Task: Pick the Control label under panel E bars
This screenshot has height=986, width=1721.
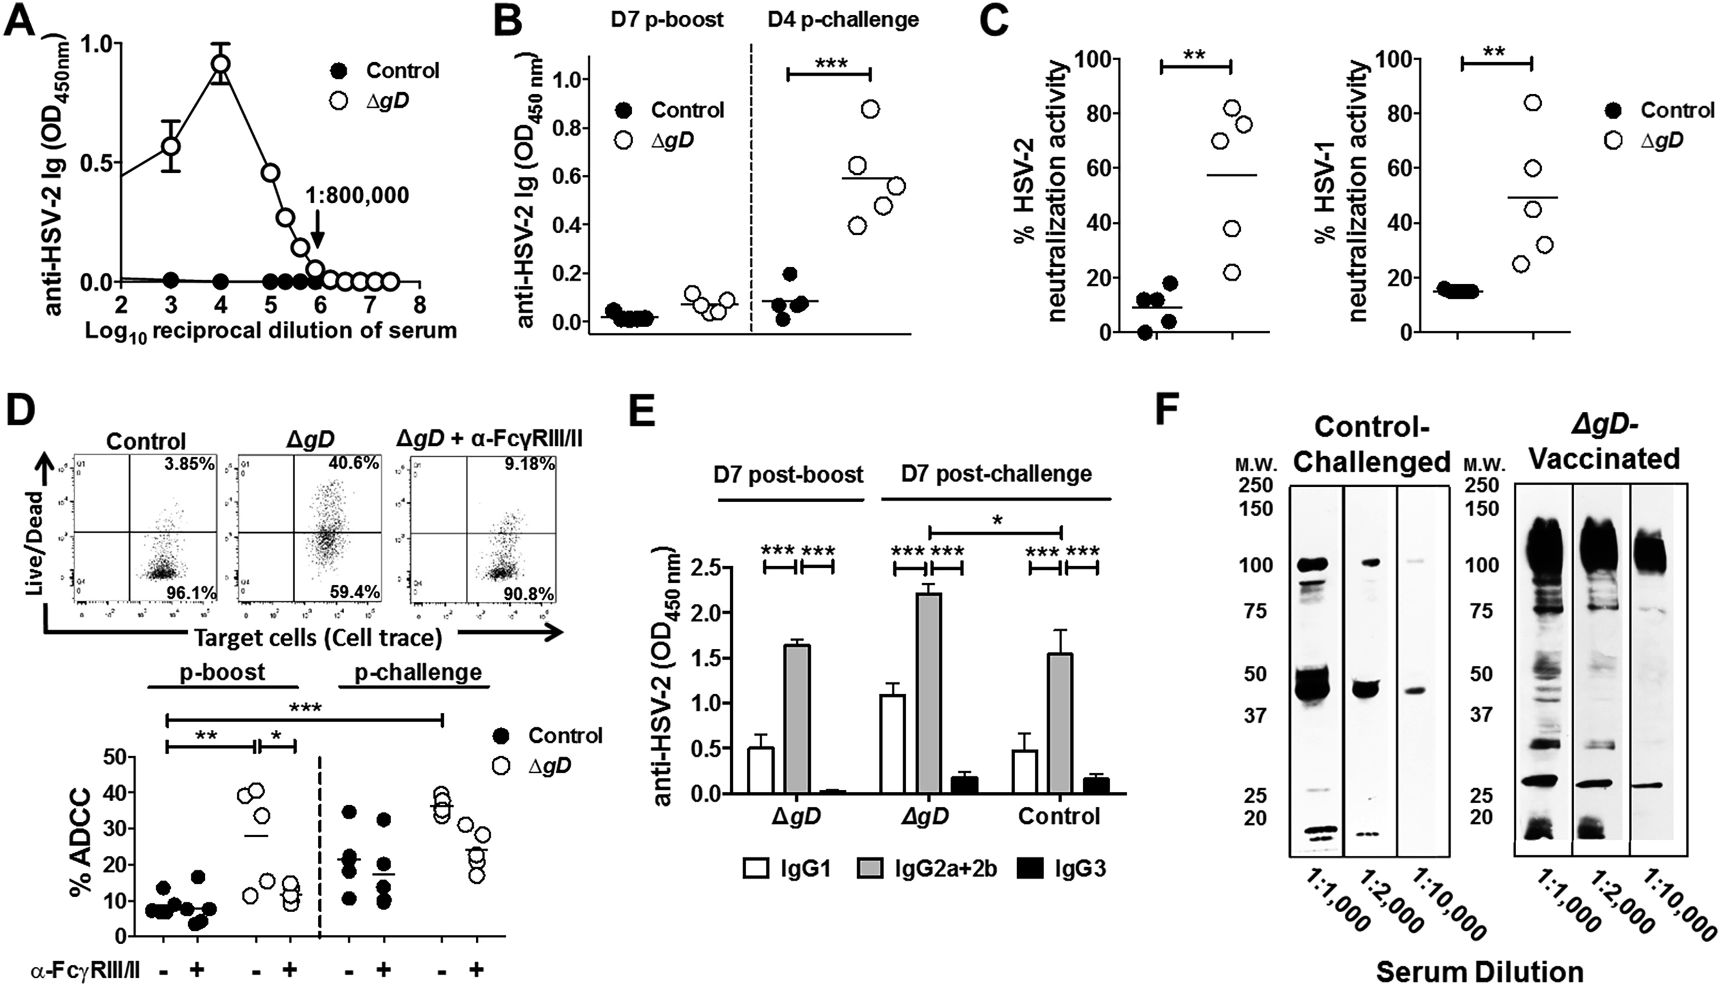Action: coord(1059,817)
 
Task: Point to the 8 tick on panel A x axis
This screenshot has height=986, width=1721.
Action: coord(420,306)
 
